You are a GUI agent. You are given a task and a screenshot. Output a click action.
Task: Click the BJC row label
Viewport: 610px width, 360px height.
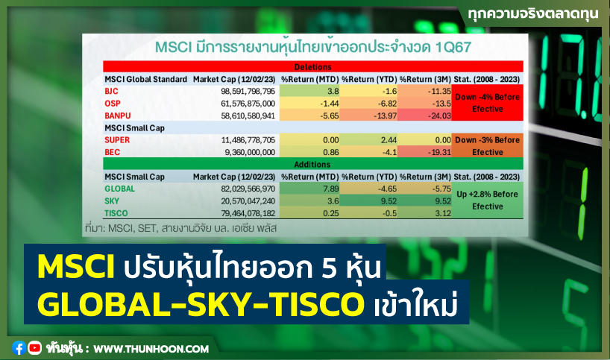click(x=112, y=90)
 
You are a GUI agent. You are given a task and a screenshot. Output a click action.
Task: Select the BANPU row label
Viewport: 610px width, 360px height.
click(x=118, y=116)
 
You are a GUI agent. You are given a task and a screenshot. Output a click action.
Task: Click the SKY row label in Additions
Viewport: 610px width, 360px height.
click(x=112, y=201)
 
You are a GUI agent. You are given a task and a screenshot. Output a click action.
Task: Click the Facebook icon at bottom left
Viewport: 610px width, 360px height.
click(x=19, y=347)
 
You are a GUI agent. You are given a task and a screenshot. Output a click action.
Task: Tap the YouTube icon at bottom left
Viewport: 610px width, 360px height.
click(x=34, y=347)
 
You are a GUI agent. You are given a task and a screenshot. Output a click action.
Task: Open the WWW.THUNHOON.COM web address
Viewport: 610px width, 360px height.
click(x=151, y=348)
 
